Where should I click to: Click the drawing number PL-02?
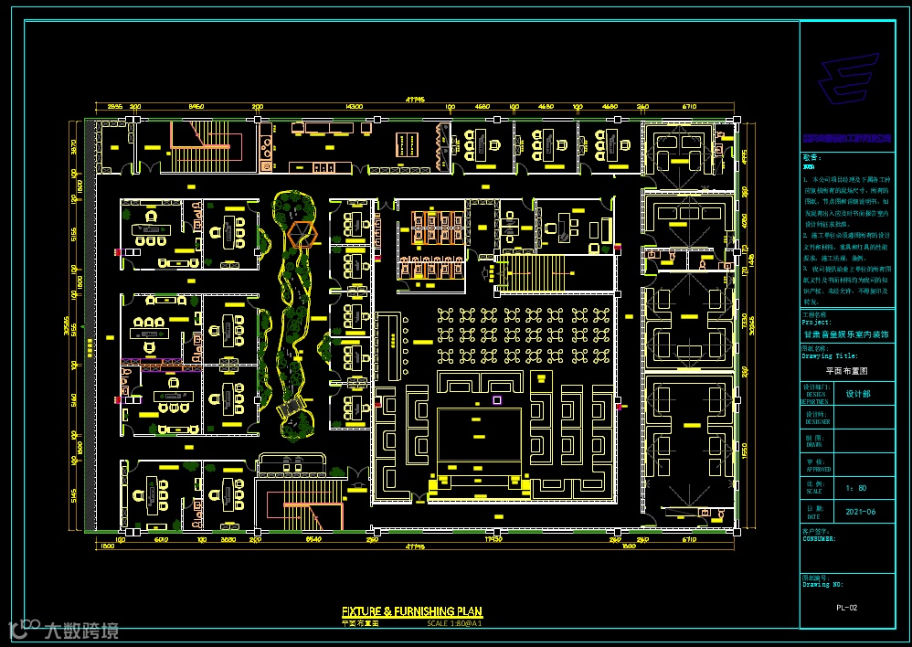click(846, 607)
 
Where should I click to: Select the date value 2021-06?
click(861, 512)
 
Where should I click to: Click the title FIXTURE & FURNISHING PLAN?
click(411, 611)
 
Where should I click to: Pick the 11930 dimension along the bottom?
click(493, 540)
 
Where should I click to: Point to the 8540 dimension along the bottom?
click(313, 540)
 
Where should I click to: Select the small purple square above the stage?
click(497, 399)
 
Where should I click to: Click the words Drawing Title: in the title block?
click(830, 356)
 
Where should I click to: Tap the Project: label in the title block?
click(817, 323)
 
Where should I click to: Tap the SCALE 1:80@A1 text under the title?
click(454, 623)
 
